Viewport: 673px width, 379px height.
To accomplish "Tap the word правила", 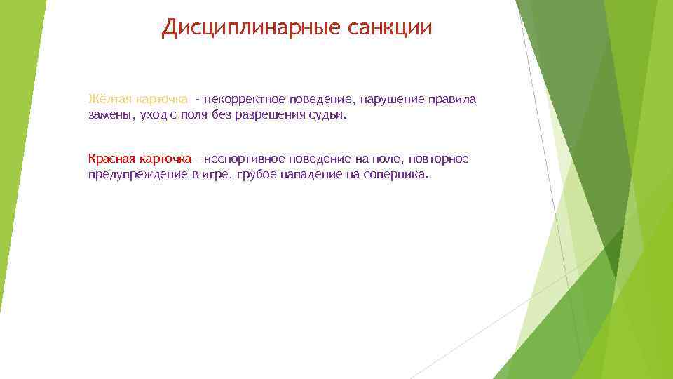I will [x=454, y=99].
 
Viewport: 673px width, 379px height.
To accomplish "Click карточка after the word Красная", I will [x=165, y=159].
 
